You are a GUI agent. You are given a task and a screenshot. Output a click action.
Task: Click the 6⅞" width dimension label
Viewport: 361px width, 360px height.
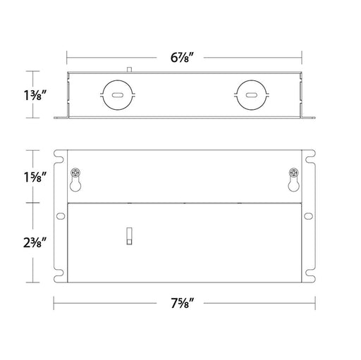coord(182,58)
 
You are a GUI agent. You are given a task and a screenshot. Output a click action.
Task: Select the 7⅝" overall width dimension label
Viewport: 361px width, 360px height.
coord(182,303)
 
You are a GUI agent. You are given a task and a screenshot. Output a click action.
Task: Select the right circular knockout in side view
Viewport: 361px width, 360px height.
coord(237,95)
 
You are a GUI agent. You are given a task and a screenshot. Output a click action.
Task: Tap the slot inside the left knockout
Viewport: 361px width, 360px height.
coord(118,95)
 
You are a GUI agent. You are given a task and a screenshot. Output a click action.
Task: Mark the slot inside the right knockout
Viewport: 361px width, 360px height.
coord(252,95)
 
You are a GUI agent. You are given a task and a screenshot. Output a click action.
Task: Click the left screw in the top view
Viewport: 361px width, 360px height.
coord(75,173)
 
